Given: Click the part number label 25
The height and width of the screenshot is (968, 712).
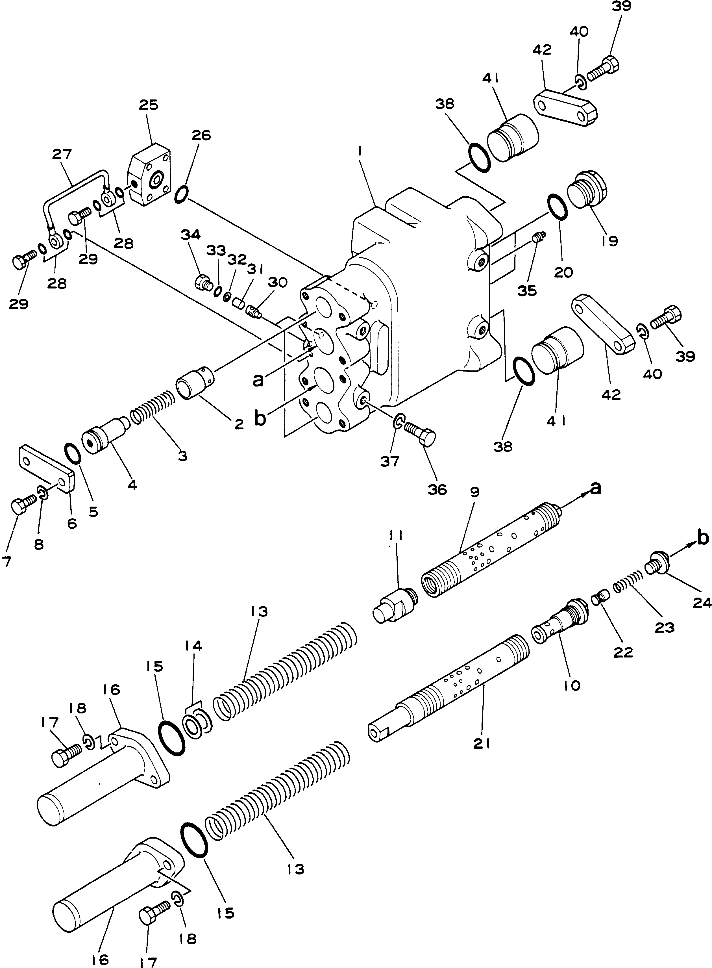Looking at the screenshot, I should click(149, 105).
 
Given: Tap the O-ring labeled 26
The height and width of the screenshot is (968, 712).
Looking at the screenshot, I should click(181, 194).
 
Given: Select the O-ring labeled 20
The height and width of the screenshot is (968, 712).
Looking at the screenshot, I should click(557, 207).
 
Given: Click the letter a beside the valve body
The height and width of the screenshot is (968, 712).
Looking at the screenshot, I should click(258, 381).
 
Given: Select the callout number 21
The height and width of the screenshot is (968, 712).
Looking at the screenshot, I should click(482, 744).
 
